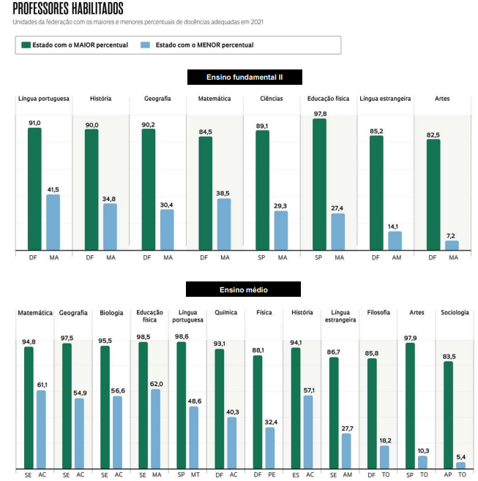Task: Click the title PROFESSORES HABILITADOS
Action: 68,9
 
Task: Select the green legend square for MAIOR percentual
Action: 26,45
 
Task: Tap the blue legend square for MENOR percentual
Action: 146,45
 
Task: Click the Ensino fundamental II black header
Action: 244,77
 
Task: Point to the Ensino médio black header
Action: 244,290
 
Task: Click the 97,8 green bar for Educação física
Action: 319,186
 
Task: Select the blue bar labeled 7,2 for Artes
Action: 452,246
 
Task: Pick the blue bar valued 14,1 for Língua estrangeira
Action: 395,241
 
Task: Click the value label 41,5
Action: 53,189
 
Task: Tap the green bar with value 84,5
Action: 206,194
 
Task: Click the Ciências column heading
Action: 271,99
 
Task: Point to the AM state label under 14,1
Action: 396,258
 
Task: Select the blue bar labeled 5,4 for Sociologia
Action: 460,464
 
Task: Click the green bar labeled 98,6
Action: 181,405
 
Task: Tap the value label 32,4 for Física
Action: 269,423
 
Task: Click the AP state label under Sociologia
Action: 447,474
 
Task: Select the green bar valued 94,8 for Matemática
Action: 29,407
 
